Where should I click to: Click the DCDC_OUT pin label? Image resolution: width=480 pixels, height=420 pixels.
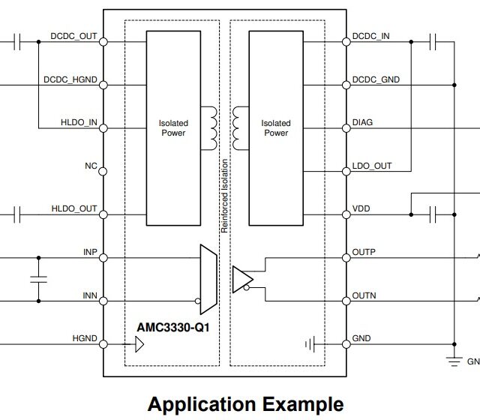(x=73, y=35)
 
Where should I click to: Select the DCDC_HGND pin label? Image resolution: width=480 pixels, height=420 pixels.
(x=69, y=78)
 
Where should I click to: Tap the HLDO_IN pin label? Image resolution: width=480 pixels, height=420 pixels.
(x=79, y=122)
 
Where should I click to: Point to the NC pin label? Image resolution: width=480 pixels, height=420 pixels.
(x=91, y=166)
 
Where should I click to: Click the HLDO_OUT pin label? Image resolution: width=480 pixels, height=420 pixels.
(x=74, y=208)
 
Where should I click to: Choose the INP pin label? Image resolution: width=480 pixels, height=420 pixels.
(x=90, y=252)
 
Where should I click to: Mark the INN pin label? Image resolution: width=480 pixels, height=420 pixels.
(x=90, y=295)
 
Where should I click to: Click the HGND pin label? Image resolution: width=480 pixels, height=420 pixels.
(x=85, y=338)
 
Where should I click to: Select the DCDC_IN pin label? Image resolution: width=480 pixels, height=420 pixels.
(x=370, y=36)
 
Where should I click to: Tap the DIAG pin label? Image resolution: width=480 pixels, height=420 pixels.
(x=362, y=122)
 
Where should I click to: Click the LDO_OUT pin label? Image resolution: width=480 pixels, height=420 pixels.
(x=371, y=166)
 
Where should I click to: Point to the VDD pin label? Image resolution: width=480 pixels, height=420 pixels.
(x=361, y=208)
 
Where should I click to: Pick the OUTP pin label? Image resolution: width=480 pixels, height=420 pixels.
(x=364, y=252)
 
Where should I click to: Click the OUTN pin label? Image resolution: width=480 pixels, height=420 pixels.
(x=364, y=295)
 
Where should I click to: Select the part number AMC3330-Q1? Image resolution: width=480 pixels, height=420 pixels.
(x=172, y=327)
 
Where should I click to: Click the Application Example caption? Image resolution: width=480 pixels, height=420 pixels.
(x=245, y=404)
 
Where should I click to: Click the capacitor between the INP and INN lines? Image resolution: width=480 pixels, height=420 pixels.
(x=37, y=279)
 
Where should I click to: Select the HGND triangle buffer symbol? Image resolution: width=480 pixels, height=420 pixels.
(x=139, y=345)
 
